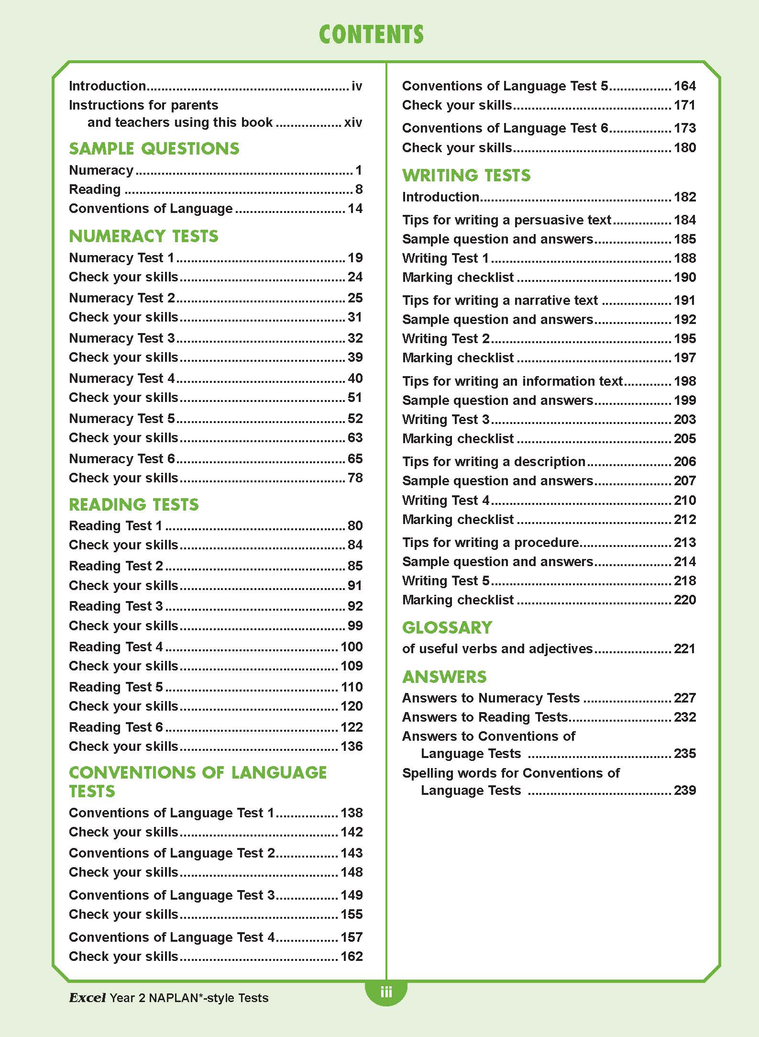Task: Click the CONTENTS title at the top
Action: (x=371, y=35)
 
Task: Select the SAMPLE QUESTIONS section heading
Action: (x=154, y=149)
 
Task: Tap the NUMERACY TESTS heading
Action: (x=143, y=236)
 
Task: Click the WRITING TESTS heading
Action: (x=466, y=176)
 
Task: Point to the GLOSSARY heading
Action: (x=447, y=627)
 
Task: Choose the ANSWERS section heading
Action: (x=444, y=677)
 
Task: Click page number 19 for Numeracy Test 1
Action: (x=355, y=258)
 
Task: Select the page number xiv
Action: (x=353, y=123)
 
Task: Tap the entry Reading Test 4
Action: (x=116, y=647)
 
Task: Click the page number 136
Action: (x=352, y=746)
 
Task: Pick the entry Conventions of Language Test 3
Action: (x=172, y=895)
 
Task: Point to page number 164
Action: (x=684, y=86)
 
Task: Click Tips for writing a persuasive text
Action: (x=506, y=220)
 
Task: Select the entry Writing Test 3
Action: (x=446, y=419)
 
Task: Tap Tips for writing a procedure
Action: (x=491, y=542)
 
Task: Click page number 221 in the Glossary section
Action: (x=684, y=649)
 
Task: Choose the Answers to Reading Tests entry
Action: (x=485, y=717)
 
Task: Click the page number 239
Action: (x=684, y=790)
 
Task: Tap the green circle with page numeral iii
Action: (x=386, y=991)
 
